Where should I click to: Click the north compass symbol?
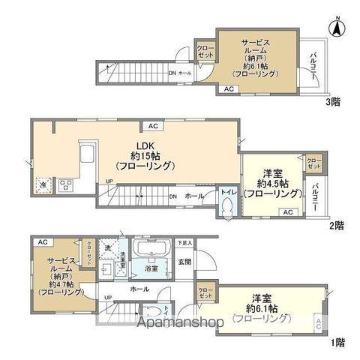point(337,28)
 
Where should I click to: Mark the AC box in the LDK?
point(152,126)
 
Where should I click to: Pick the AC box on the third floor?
point(228,89)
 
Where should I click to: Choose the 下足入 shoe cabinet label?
point(184,243)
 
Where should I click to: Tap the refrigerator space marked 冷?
point(42,184)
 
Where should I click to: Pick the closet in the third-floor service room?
point(205,52)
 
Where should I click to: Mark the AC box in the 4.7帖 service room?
point(42,241)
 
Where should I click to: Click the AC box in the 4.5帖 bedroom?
point(287,213)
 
